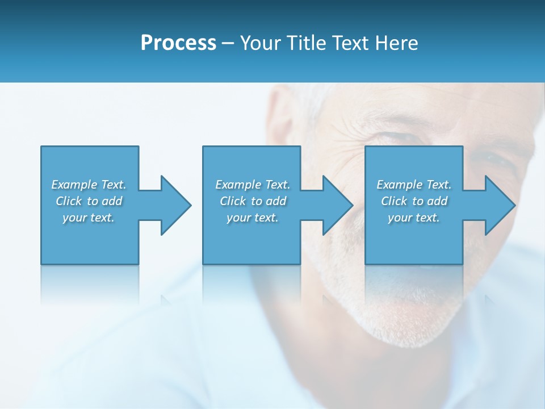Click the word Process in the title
(178, 43)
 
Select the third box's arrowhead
(499, 205)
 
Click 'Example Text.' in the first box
(89, 185)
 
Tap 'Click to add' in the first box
(89, 201)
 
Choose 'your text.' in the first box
(89, 218)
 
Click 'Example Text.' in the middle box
(253, 185)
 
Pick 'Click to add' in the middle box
(253, 201)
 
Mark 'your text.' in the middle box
(253, 218)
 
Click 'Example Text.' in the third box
(414, 185)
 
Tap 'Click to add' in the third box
(414, 201)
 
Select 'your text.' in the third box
(414, 218)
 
